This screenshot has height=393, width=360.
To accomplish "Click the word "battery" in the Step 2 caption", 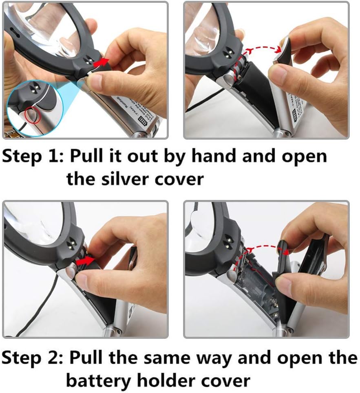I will coord(98,380).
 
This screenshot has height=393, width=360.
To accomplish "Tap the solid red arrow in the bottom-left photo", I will coord(87,260).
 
